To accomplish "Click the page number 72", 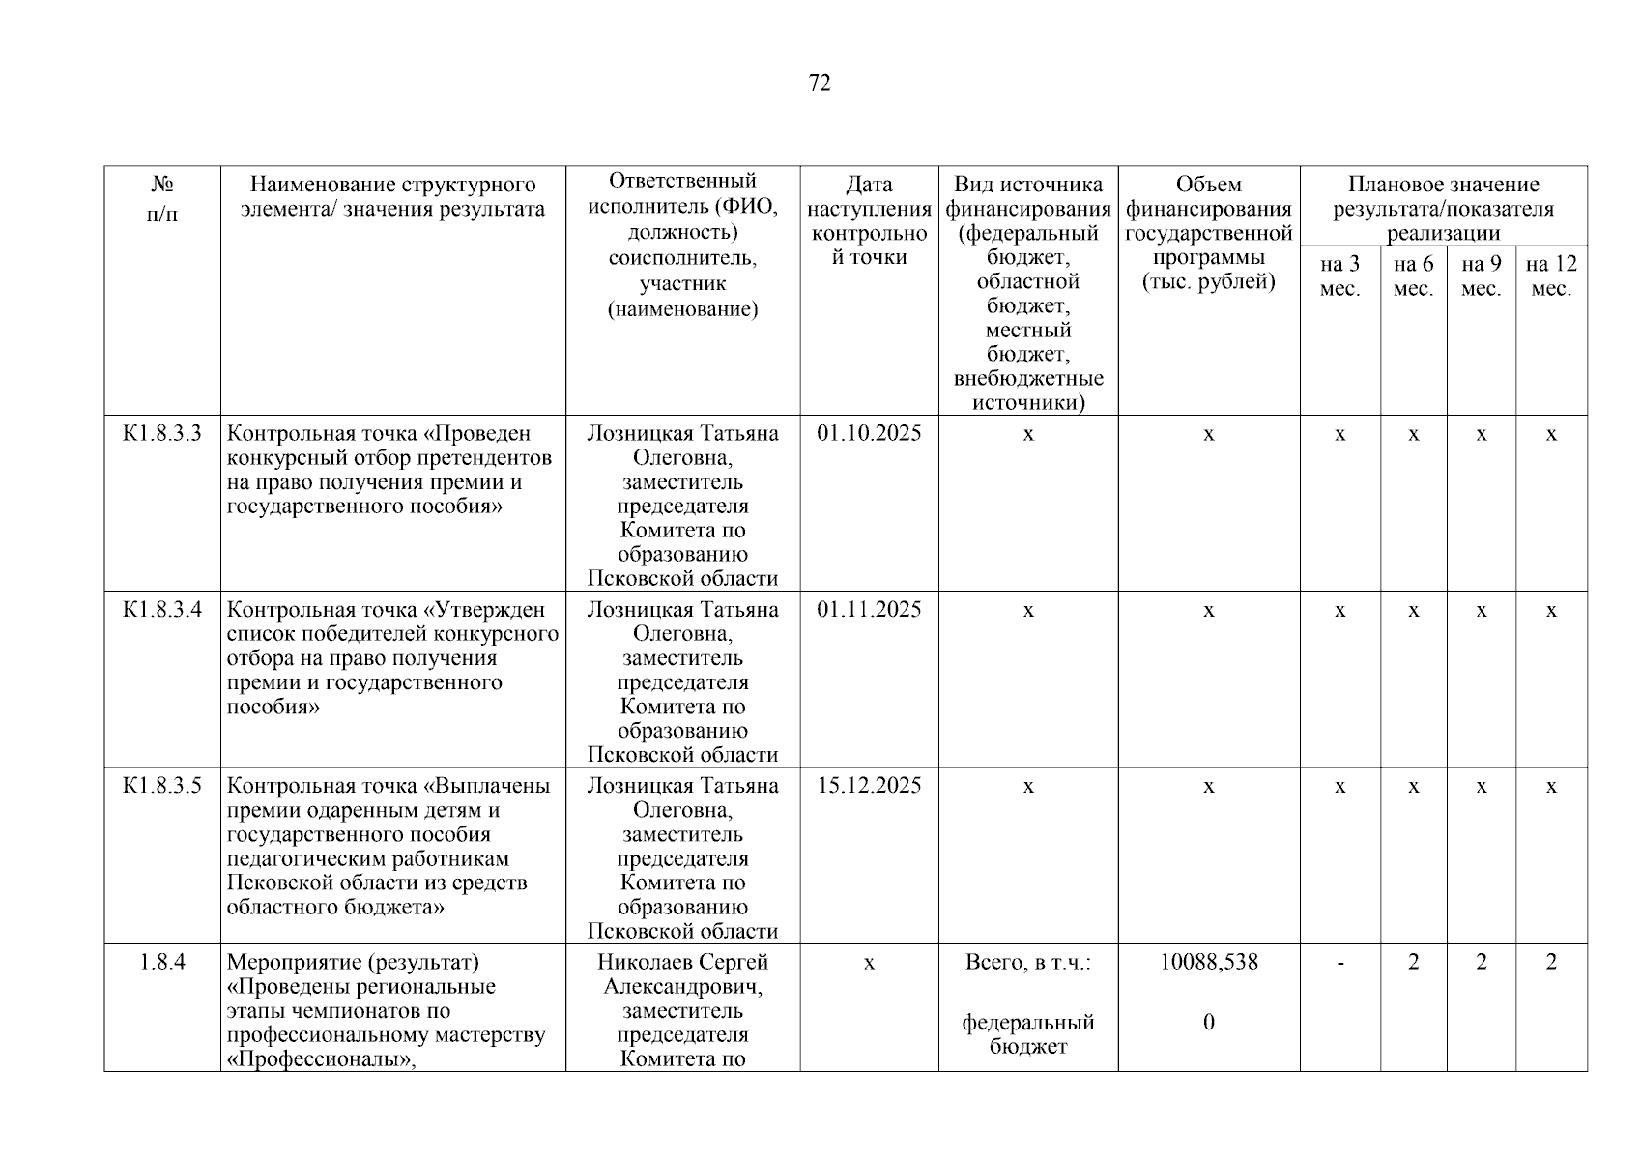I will tap(819, 83).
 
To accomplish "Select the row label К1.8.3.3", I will tap(162, 433).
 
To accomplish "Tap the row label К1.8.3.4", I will tap(162, 610).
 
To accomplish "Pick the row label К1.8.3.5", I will tap(162, 786).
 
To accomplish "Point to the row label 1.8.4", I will tap(162, 962).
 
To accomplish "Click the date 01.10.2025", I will tap(869, 433).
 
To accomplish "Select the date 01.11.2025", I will tap(869, 610).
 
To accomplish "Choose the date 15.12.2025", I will tap(869, 786).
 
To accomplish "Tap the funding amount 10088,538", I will tap(1209, 962).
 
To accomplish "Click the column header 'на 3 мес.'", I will tap(1339, 276).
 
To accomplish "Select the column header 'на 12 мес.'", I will tap(1551, 276).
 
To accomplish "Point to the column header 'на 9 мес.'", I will tap(1481, 276).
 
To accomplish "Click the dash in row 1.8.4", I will tap(1339, 963).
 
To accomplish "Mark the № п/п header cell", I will tap(162, 198).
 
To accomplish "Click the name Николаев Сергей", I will tap(682, 962).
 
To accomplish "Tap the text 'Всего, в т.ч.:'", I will tap(1028, 962).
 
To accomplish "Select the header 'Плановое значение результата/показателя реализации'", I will tap(1443, 208).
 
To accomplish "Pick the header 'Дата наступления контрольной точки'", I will tap(869, 220).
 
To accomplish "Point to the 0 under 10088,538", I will tap(1209, 1023).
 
